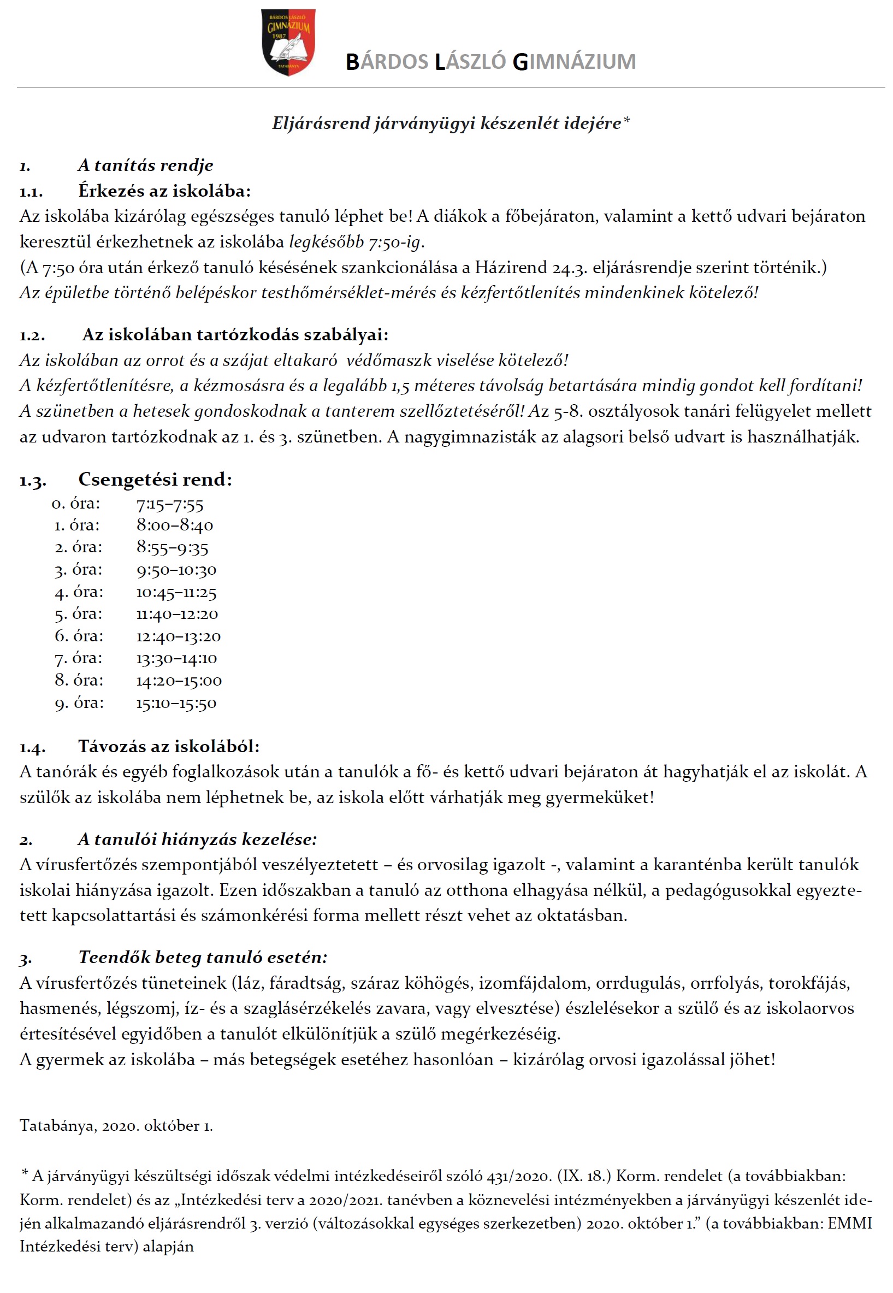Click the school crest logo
point(288,42)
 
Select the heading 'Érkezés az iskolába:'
point(164,191)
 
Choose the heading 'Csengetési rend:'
point(155,480)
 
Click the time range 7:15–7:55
point(170,505)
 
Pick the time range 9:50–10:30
point(176,570)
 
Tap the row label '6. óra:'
point(79,636)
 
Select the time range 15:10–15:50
point(176,703)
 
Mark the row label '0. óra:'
point(76,504)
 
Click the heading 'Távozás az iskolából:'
point(169,746)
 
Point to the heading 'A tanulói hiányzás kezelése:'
point(198,839)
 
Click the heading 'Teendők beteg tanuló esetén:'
point(203,957)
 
